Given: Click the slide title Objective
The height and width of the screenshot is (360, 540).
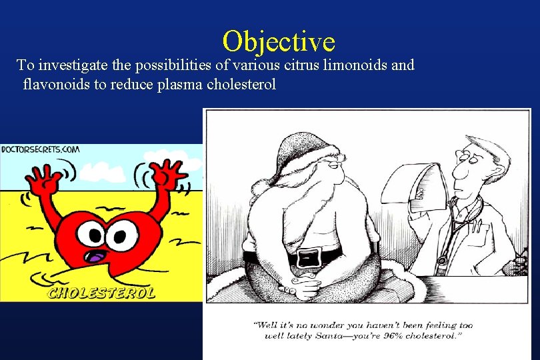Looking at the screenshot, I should [279, 41].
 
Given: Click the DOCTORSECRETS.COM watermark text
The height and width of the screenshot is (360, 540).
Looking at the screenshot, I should [39, 150].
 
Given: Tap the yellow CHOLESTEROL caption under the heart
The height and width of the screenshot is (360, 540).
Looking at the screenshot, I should [101, 292].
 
